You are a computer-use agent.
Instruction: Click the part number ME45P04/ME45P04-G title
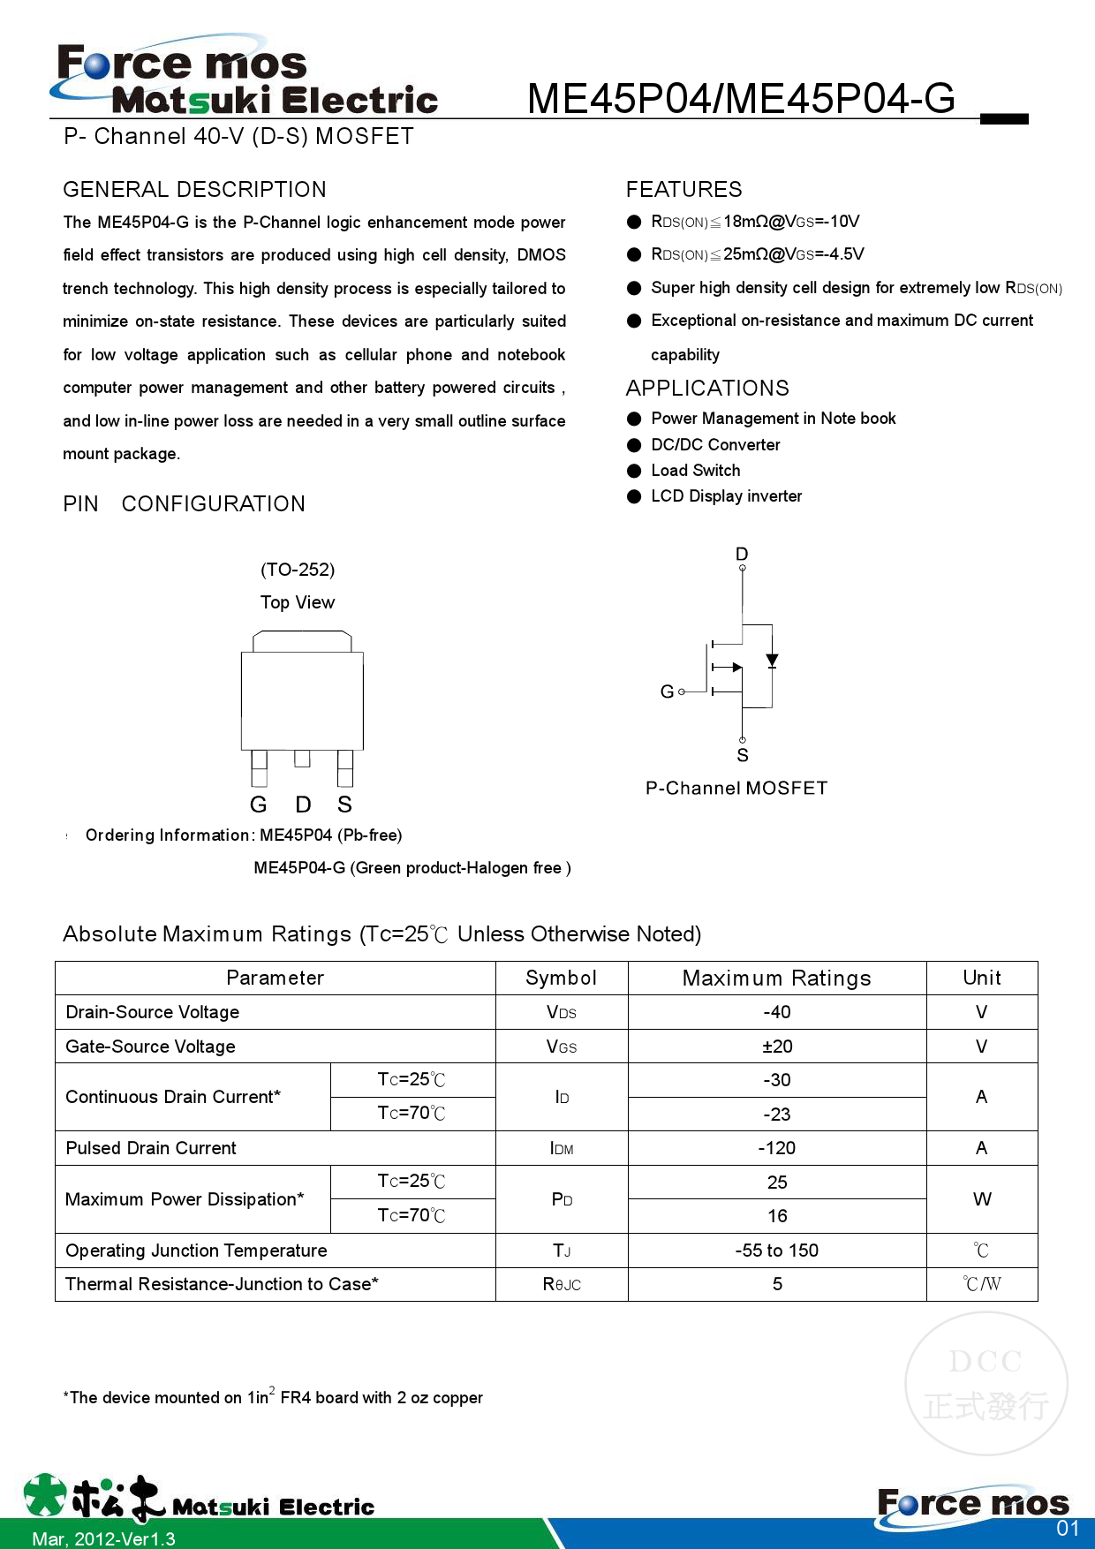(x=741, y=98)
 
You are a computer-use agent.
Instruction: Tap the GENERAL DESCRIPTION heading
(x=194, y=189)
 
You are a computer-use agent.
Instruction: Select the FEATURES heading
(x=683, y=189)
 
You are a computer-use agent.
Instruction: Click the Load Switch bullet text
(x=695, y=471)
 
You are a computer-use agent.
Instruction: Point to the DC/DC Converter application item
(x=715, y=445)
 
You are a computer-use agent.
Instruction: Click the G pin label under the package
(x=258, y=805)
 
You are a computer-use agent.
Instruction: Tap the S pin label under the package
(x=344, y=805)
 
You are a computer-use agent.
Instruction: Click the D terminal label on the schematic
(x=742, y=554)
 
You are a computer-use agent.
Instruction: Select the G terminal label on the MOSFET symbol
(x=667, y=691)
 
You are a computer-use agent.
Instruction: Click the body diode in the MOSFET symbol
(x=772, y=660)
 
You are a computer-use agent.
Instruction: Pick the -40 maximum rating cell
(x=777, y=1012)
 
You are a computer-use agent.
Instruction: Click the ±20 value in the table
(x=777, y=1047)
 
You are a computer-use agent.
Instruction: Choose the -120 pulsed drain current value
(x=777, y=1148)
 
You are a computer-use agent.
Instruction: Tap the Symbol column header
(x=561, y=978)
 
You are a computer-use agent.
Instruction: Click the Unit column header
(x=982, y=978)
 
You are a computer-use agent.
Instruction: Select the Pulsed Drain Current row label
(x=151, y=1148)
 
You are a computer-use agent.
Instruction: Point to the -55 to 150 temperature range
(x=777, y=1251)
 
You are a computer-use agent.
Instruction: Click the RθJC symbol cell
(x=562, y=1284)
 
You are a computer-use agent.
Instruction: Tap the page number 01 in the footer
(x=1068, y=1529)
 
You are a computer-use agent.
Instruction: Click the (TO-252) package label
(x=298, y=570)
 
